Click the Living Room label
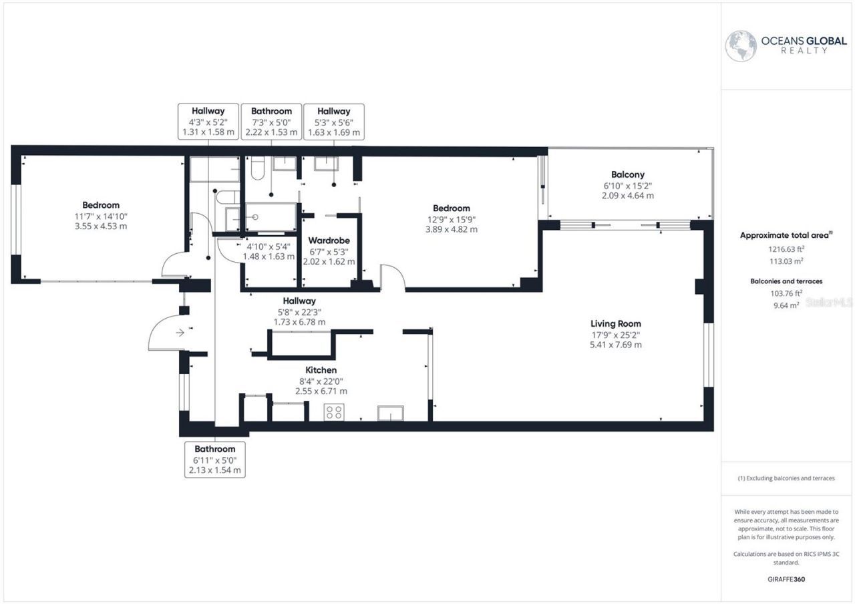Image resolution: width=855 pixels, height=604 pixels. coord(611,323)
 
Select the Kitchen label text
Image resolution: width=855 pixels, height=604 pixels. coord(321,369)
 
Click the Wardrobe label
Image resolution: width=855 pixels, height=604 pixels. coord(329,240)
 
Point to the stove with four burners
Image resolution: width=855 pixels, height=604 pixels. coord(333,412)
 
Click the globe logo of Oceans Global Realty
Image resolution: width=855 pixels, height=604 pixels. coord(741,46)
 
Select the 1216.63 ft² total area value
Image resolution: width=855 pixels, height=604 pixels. coord(785,249)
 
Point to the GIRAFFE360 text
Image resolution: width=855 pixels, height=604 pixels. coord(786,579)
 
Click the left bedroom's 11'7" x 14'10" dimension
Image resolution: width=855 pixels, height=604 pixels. coord(101,216)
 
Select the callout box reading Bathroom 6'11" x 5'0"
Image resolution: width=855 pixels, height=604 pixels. coord(214,460)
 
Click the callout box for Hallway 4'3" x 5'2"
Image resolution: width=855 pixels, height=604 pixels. coord(208,122)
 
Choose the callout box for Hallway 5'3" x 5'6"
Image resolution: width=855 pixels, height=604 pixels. coord(333,122)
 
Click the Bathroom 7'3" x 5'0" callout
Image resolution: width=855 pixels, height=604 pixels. coord(271,122)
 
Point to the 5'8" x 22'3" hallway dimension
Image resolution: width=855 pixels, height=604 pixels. coord(299,311)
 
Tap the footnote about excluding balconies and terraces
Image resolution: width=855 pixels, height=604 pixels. coord(786,478)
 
